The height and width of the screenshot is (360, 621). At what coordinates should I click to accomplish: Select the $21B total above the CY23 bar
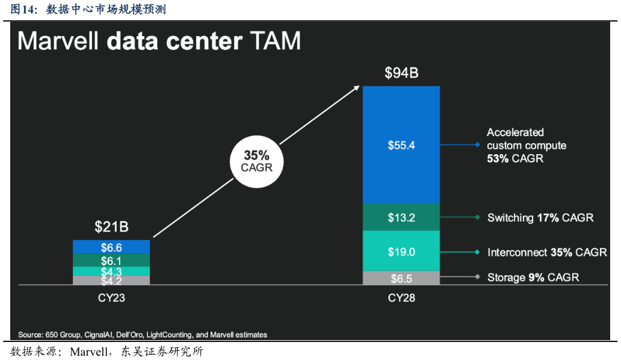[x=111, y=227]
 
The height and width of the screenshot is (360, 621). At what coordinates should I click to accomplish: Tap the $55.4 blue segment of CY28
[x=401, y=145]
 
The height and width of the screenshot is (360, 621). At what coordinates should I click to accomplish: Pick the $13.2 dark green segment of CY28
[x=401, y=217]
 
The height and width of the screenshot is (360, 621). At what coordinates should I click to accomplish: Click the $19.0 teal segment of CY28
[x=401, y=251]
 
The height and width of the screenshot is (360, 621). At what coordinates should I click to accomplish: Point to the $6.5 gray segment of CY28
[x=401, y=278]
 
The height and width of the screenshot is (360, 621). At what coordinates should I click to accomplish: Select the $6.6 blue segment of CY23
[x=111, y=247]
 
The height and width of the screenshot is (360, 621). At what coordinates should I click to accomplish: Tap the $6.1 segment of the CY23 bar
[x=111, y=260]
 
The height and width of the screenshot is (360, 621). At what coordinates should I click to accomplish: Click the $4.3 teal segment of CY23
[x=111, y=272]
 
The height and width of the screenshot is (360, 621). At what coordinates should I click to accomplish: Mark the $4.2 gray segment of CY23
[x=111, y=281]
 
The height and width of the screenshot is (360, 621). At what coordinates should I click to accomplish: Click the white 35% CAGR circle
[x=257, y=161]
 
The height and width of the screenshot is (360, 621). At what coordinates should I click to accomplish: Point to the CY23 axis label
[x=111, y=298]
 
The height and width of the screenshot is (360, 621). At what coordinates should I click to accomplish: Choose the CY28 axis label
[x=401, y=298]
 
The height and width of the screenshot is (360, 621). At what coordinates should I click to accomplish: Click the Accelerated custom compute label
[x=526, y=145]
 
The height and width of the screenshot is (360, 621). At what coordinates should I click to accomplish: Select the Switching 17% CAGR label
[x=540, y=217]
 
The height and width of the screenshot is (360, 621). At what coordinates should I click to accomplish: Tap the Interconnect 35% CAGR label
[x=546, y=252]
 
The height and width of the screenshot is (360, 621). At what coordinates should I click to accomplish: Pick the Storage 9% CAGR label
[x=533, y=278]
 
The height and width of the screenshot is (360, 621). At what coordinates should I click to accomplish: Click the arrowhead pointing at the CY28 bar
[x=356, y=88]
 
